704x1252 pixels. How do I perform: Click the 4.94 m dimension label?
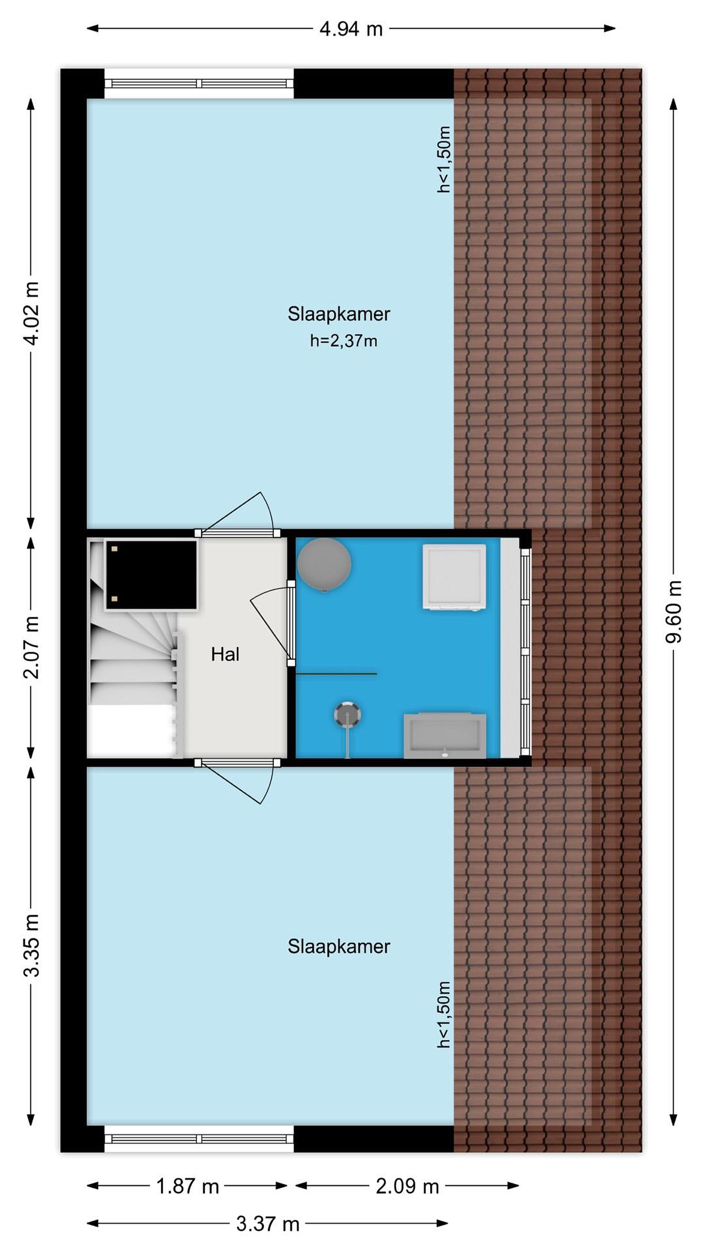click(x=351, y=29)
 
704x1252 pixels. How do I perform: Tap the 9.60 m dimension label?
click(x=674, y=611)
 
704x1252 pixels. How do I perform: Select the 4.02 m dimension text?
click(x=31, y=313)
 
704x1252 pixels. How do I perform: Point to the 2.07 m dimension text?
click(x=31, y=647)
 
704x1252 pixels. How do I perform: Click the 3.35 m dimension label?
click(x=31, y=946)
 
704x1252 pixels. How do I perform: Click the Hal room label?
click(x=225, y=654)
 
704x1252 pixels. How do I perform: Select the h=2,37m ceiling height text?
click(x=343, y=341)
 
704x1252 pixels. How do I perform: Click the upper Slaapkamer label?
click(x=339, y=314)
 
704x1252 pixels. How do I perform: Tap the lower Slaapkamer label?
click(x=339, y=946)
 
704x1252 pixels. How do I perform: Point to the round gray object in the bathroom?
click(x=324, y=564)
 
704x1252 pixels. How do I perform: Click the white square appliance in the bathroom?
click(x=454, y=577)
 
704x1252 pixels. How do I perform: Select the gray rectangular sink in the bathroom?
click(x=445, y=736)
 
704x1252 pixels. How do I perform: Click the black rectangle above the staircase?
click(x=151, y=574)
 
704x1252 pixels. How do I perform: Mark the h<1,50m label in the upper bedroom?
click(x=444, y=160)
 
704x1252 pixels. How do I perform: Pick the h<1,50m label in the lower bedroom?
click(x=444, y=1014)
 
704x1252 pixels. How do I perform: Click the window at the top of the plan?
click(x=199, y=83)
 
